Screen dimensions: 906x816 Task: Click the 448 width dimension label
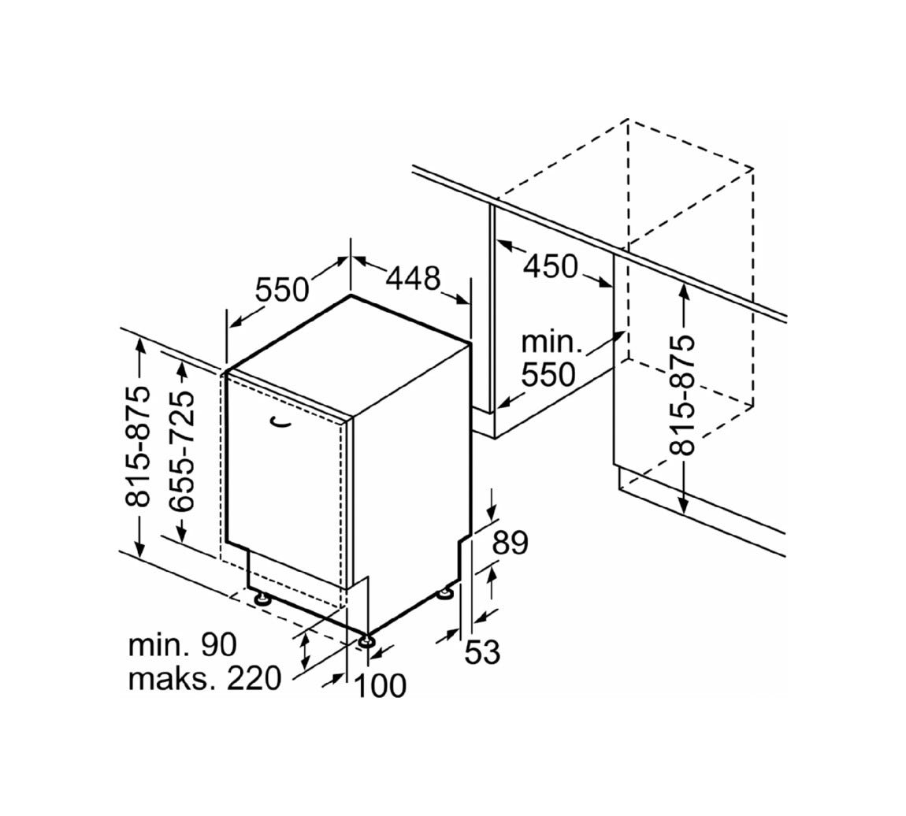(x=413, y=278)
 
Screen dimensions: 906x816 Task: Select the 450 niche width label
(x=550, y=266)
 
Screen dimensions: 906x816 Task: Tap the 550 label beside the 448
(x=282, y=290)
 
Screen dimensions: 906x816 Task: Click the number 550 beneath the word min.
(x=548, y=375)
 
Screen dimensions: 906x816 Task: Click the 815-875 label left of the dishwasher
(x=138, y=447)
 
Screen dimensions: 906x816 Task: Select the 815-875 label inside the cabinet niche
(x=681, y=395)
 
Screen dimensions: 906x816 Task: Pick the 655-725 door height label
(x=183, y=451)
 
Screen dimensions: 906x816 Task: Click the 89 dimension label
(x=511, y=543)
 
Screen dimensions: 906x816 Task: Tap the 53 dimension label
(x=482, y=652)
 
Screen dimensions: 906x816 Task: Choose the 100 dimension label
(x=380, y=686)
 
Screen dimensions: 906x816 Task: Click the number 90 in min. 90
(x=218, y=645)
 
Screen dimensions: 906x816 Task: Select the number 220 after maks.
(x=253, y=679)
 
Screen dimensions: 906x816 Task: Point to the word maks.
(x=173, y=679)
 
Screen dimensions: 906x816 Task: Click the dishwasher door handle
(x=282, y=423)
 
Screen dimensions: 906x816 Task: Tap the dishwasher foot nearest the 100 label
(x=366, y=641)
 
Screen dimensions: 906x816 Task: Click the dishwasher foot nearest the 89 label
(x=446, y=594)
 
